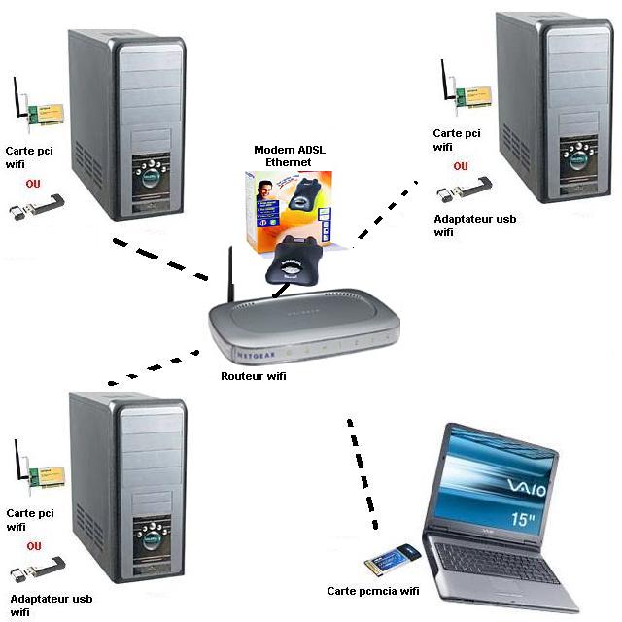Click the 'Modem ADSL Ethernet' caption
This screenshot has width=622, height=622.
[x=288, y=155]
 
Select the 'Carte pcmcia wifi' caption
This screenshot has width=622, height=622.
[x=372, y=590]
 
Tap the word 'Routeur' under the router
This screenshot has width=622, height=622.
[x=241, y=375]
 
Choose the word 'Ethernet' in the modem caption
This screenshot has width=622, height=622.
[x=288, y=162]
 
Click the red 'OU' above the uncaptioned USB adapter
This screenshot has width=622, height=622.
[x=34, y=183]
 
